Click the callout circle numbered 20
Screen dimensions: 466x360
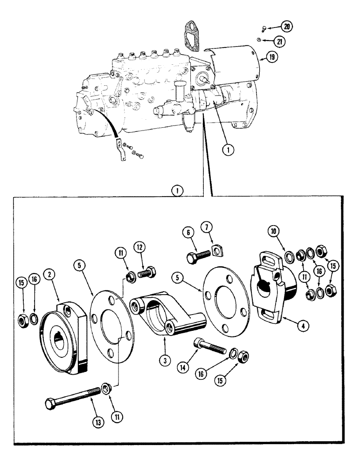tap(287, 27)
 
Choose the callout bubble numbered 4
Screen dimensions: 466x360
tap(303, 326)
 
